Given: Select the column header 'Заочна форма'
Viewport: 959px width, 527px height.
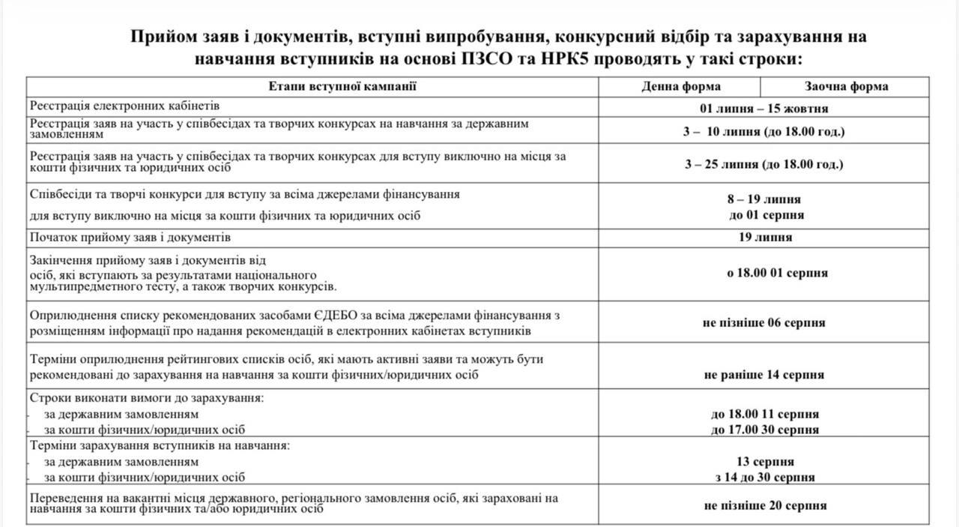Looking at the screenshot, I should click(x=847, y=86).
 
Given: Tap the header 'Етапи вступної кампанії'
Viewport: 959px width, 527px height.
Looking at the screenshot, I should click(x=342, y=86).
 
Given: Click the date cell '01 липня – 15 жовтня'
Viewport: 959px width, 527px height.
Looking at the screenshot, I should click(x=763, y=109).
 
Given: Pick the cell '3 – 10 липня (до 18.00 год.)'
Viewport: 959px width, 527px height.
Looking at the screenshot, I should click(x=763, y=133).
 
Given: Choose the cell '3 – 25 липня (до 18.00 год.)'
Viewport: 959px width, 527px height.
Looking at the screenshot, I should click(x=763, y=164).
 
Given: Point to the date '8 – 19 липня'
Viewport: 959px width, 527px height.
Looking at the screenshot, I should click(x=763, y=200).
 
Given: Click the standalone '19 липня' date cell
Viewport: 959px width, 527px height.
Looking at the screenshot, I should click(x=763, y=238).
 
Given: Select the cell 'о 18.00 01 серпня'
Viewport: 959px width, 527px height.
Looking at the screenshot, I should click(x=763, y=274).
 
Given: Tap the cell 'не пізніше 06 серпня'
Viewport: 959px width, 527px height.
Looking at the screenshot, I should click(x=763, y=323).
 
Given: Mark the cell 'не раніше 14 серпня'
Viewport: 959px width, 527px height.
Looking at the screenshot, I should click(x=763, y=375).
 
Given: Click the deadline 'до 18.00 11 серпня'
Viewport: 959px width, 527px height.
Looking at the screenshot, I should click(x=763, y=414).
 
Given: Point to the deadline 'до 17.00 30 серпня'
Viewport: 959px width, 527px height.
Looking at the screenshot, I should click(x=763, y=430).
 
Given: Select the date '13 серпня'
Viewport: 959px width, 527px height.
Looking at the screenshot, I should click(x=763, y=462).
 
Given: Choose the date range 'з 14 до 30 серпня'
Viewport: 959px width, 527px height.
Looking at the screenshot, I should click(x=763, y=478).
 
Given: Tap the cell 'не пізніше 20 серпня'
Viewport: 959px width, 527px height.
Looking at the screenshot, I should click(x=763, y=505).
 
